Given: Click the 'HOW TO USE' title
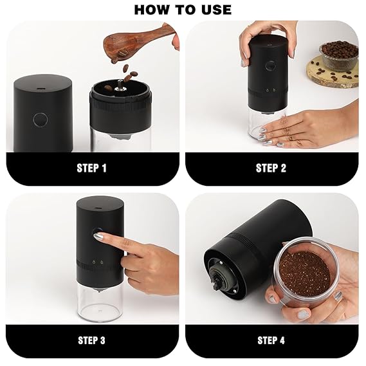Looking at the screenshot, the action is pos(183,10).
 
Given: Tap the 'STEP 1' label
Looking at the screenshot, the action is pos(91,168).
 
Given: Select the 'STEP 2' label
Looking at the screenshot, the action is pos(271,168).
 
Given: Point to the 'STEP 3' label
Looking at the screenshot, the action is pos(91,340).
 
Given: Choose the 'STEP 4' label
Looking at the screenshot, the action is pos(271,340).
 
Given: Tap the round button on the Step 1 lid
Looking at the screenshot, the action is pos(41,120).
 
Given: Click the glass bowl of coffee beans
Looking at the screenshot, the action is pos(339,55).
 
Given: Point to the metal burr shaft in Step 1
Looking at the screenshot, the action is pos(121,87).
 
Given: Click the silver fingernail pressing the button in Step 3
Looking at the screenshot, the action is pos(98,237).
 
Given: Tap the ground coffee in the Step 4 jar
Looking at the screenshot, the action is pos(305,273).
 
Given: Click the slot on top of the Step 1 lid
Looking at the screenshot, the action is pos(41,89).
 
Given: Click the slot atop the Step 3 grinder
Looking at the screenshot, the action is pos(98,208).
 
